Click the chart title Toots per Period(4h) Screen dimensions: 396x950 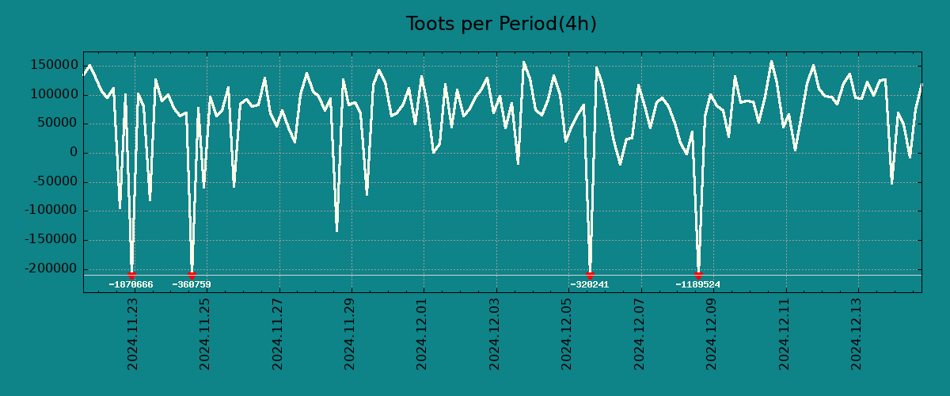(x=501, y=24)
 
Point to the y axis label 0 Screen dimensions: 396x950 (x=74, y=153)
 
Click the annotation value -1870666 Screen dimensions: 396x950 (x=131, y=284)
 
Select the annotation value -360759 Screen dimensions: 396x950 (x=192, y=284)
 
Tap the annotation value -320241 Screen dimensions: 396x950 (x=590, y=284)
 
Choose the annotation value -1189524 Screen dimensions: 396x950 (x=697, y=284)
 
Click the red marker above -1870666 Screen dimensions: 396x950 (x=131, y=275)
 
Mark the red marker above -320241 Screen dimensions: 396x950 (x=590, y=275)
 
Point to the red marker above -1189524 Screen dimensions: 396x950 (x=698, y=275)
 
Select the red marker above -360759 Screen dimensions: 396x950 (x=192, y=275)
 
